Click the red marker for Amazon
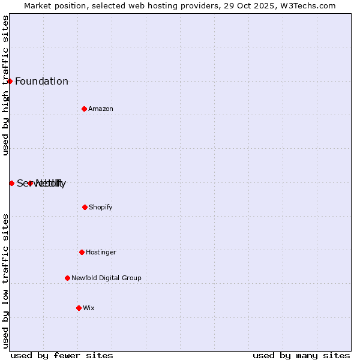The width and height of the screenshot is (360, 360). [x=84, y=109]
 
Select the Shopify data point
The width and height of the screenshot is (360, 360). [x=85, y=207]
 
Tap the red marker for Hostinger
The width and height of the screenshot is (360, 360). [x=82, y=252]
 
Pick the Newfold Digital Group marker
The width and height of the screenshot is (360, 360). [x=67, y=278]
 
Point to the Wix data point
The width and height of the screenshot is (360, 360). [x=79, y=308]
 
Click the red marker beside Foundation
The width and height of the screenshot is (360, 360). [x=10, y=81]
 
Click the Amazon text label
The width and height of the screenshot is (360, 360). [x=101, y=109]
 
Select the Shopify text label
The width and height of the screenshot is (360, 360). [x=100, y=207]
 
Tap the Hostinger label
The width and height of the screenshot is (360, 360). [x=101, y=252]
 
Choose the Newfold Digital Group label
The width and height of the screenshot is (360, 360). [x=106, y=278]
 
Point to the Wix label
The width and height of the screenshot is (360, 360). [x=89, y=308]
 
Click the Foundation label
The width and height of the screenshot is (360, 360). [x=41, y=82]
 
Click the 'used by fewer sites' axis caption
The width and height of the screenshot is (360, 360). [x=62, y=355]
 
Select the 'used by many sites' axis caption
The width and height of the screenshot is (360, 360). [x=301, y=355]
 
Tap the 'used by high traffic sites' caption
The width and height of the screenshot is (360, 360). [x=5, y=85]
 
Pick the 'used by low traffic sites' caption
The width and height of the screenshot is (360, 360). [x=5, y=281]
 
